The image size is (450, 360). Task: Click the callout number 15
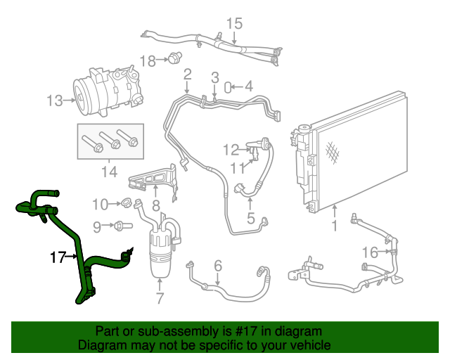[233, 24]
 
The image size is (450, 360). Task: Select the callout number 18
[147, 61]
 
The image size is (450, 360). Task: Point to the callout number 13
[55, 101]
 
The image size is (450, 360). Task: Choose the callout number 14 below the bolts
[110, 171]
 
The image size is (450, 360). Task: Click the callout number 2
[188, 75]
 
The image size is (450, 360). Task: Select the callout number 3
[215, 77]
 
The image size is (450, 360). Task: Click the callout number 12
[231, 149]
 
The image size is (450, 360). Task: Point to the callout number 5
[250, 218]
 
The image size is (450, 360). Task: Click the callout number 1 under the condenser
[334, 226]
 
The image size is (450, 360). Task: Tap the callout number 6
[218, 266]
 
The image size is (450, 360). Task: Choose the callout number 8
[156, 207]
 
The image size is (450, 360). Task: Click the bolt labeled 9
[122, 226]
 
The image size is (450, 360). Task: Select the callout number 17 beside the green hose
[58, 257]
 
